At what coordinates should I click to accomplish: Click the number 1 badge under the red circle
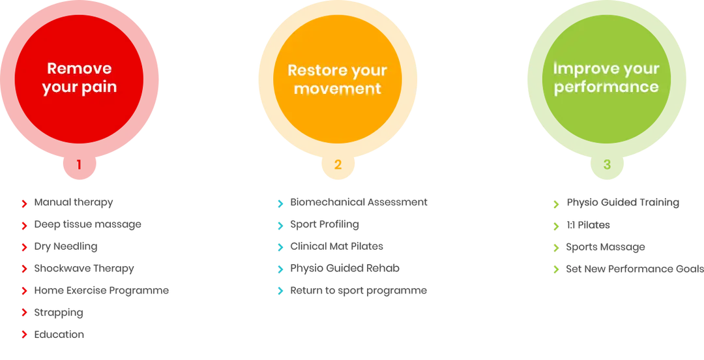pyautogui.click(x=79, y=164)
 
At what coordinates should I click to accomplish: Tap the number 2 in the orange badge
pyautogui.click(x=338, y=164)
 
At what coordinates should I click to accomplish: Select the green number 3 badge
pyautogui.click(x=607, y=164)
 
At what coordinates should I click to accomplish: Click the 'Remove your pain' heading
pyautogui.click(x=80, y=78)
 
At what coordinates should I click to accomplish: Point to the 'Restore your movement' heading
pyautogui.click(x=337, y=79)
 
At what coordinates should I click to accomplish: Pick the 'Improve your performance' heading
pyautogui.click(x=606, y=78)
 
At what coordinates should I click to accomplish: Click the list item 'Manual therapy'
pyautogui.click(x=74, y=203)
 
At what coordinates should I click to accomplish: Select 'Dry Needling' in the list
pyautogui.click(x=66, y=247)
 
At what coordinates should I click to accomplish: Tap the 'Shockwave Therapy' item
pyautogui.click(x=84, y=269)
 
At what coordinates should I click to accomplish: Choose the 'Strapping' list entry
pyautogui.click(x=59, y=313)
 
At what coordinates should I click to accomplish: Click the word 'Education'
pyautogui.click(x=59, y=335)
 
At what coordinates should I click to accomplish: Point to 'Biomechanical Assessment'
pyautogui.click(x=359, y=202)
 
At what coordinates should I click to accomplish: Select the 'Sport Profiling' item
pyautogui.click(x=325, y=224)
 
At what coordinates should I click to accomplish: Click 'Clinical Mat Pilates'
pyautogui.click(x=337, y=247)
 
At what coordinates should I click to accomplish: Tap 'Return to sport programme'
pyautogui.click(x=359, y=291)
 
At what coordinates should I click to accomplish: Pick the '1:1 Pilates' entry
pyautogui.click(x=588, y=225)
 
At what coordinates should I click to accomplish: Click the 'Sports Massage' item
pyautogui.click(x=605, y=247)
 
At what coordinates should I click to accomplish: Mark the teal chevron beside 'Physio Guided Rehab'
pyautogui.click(x=280, y=269)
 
